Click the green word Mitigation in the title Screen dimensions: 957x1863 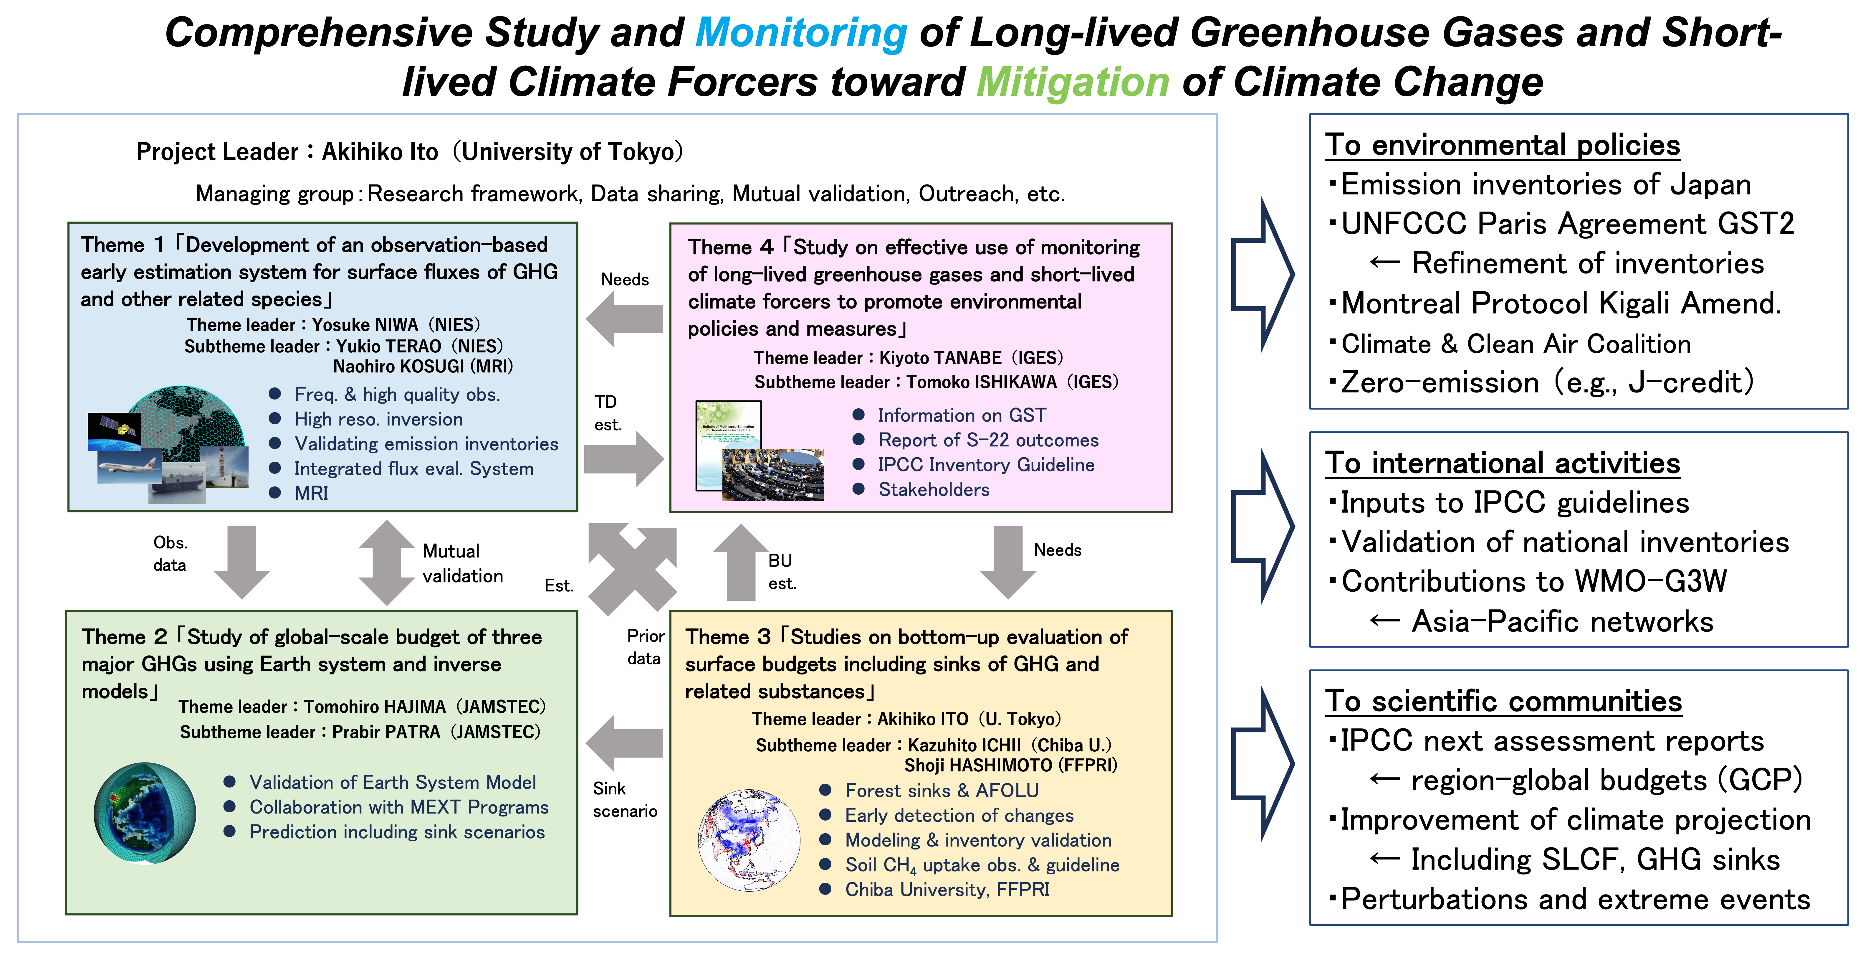[1073, 82]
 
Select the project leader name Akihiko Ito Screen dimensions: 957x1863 [380, 152]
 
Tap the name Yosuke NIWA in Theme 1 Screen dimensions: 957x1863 [365, 325]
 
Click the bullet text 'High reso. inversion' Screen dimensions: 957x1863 [378, 420]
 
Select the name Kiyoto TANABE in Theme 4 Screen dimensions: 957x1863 [940, 358]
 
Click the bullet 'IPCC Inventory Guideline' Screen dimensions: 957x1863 [986, 465]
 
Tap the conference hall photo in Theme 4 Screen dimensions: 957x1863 [772, 474]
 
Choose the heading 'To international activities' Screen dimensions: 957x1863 [1502, 463]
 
